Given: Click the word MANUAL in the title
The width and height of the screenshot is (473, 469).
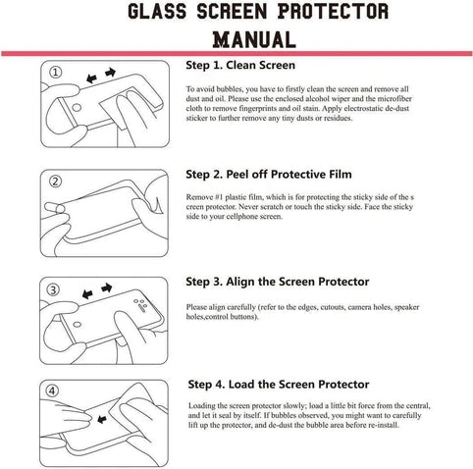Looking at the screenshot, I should pyautogui.click(x=254, y=38).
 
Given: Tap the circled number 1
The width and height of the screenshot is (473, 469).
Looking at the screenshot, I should pyautogui.click(x=55, y=71).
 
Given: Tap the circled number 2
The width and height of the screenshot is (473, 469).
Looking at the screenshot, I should pyautogui.click(x=55, y=181).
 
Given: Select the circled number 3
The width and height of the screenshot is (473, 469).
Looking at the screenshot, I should pyautogui.click(x=55, y=289).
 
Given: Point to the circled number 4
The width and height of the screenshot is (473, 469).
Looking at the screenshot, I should pyautogui.click(x=54, y=391).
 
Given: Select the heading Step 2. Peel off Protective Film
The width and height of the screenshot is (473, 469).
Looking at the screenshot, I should pyautogui.click(x=268, y=174).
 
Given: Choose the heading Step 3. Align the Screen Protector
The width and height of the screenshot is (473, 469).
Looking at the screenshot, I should pyautogui.click(x=277, y=282).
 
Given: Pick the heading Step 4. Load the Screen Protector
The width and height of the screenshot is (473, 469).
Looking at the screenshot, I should pyautogui.click(x=277, y=384).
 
